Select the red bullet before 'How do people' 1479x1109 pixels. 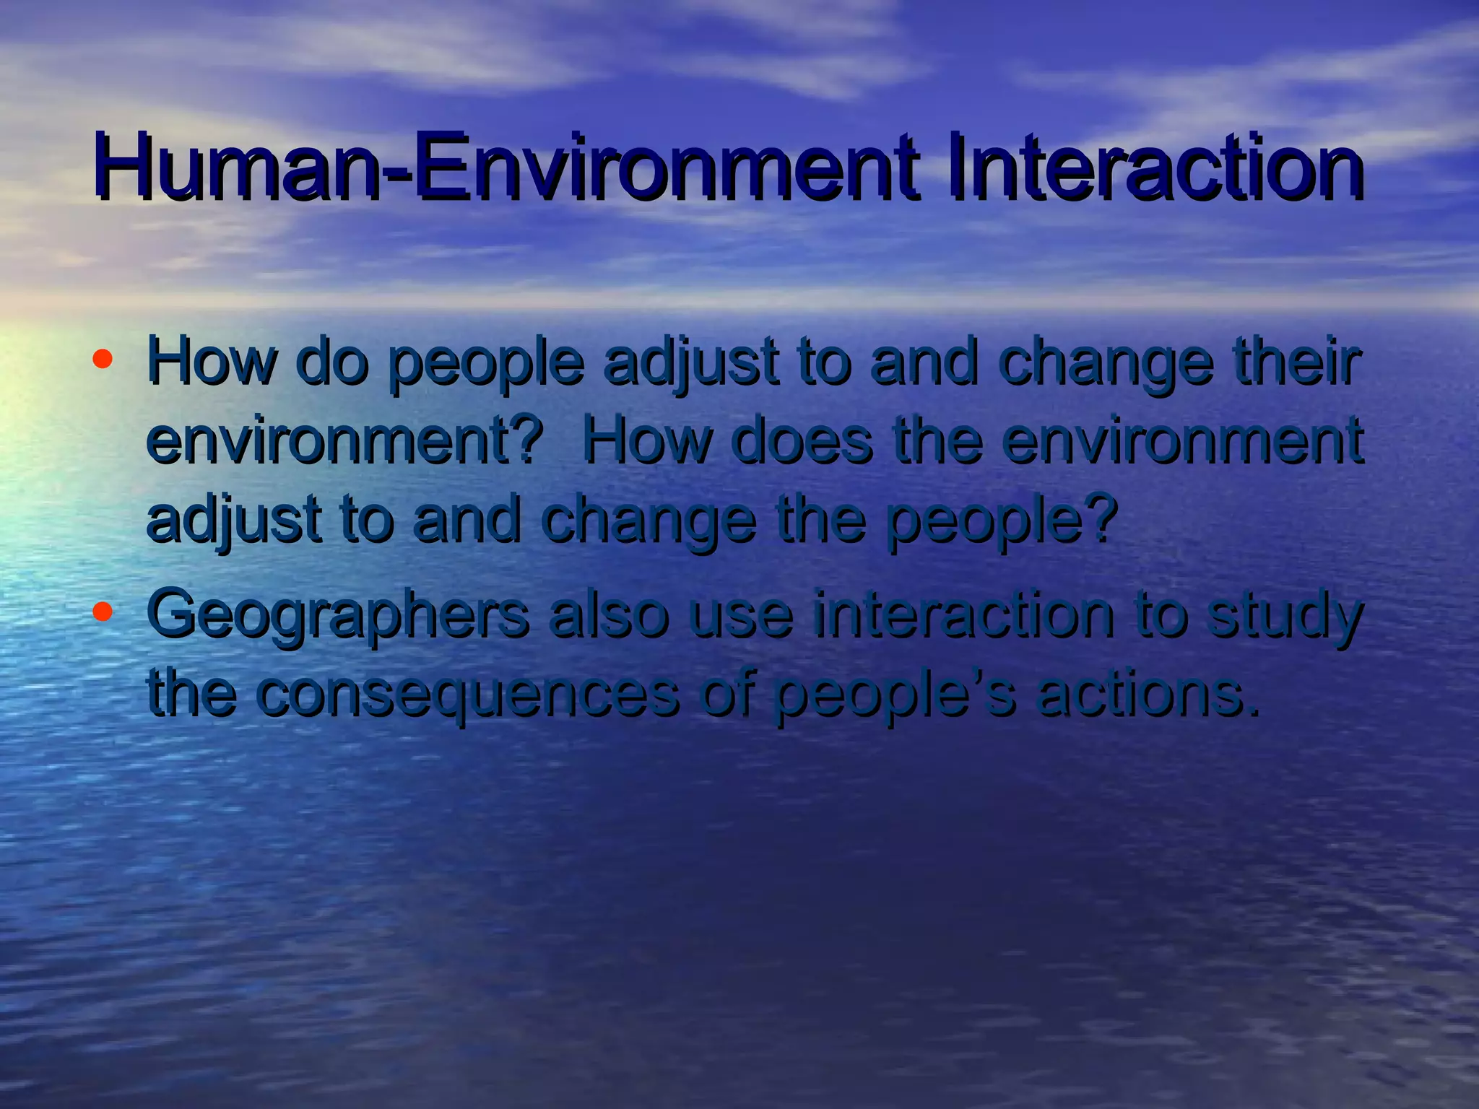(103, 358)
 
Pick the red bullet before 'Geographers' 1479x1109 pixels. (103, 612)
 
